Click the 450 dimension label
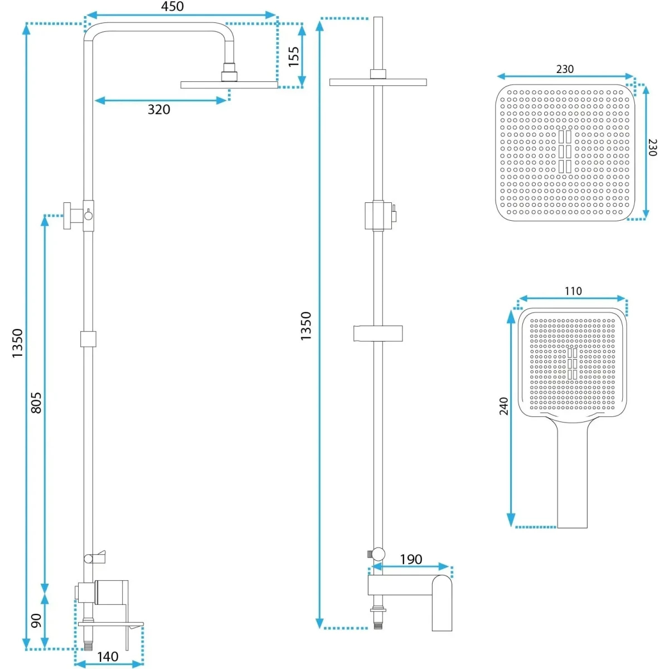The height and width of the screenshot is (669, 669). click(172, 6)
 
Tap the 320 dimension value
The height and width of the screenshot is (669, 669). click(159, 110)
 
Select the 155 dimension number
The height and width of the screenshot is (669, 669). click(294, 57)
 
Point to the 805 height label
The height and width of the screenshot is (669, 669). click(36, 403)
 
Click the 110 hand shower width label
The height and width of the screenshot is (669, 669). click(573, 291)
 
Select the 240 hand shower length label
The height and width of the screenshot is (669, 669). click(504, 406)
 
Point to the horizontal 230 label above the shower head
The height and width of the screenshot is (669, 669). click(565, 69)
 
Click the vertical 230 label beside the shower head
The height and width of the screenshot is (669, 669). click(652, 148)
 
